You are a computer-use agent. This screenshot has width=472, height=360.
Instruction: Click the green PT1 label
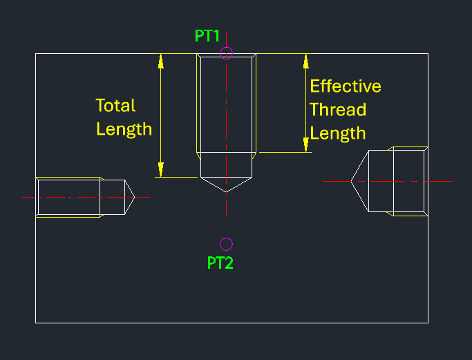[207, 36]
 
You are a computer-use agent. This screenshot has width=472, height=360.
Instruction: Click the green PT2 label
[220, 263]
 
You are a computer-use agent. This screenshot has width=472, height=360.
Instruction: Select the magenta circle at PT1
[227, 53]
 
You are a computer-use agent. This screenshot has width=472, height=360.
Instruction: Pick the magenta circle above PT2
[227, 244]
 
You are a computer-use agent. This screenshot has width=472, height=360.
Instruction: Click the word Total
[115, 106]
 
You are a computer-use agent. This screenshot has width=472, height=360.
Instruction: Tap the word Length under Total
[124, 129]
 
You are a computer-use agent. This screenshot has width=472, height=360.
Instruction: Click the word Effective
[345, 86]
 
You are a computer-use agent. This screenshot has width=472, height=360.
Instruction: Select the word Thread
[337, 110]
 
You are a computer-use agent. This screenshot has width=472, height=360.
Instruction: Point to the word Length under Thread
[337, 133]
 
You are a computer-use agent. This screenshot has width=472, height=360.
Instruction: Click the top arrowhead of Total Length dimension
[161, 61]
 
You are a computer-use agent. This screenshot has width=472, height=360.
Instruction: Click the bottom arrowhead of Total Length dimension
[161, 170]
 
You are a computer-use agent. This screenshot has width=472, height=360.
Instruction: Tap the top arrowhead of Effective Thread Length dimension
[305, 61]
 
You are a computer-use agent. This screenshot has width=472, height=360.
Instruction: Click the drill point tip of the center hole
[226, 191]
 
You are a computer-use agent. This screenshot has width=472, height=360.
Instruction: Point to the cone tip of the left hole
[133, 197]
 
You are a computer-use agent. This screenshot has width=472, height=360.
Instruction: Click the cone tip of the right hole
[352, 181]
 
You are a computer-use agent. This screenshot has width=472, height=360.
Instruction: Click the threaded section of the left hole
[69, 197]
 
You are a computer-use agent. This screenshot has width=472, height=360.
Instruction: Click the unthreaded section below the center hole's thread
[226, 164]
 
